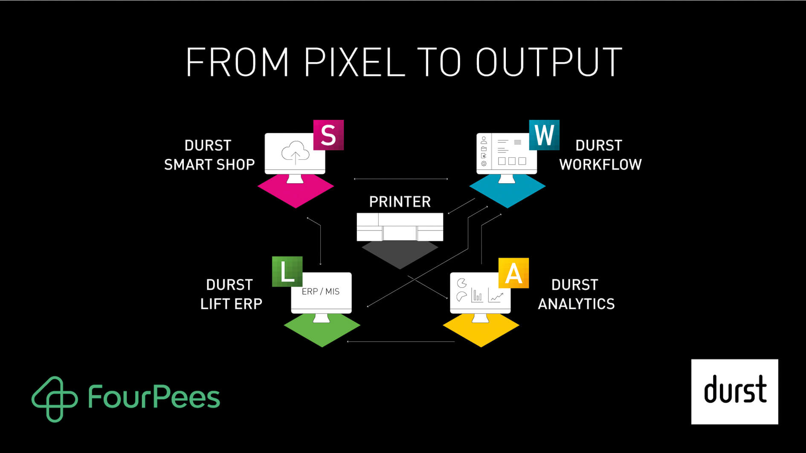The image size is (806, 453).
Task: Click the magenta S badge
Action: (328, 135)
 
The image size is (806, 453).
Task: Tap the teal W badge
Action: (544, 135)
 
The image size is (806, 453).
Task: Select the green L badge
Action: (287, 271)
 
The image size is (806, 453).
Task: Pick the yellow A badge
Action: (513, 273)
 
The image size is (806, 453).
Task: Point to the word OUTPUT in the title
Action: (549, 62)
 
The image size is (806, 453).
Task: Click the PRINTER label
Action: (400, 202)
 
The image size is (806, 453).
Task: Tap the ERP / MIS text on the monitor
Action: (321, 291)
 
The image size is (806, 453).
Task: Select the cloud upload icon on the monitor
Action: (295, 153)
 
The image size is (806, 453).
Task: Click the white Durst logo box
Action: (734, 392)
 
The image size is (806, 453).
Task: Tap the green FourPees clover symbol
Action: (55, 399)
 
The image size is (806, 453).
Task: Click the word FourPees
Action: (154, 397)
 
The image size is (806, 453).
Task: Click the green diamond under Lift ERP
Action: (322, 330)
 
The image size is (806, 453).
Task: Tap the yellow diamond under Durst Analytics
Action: (481, 330)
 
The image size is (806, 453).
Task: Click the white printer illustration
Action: (400, 227)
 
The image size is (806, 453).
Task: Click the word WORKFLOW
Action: (600, 164)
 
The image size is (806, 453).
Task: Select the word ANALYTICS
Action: (576, 304)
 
